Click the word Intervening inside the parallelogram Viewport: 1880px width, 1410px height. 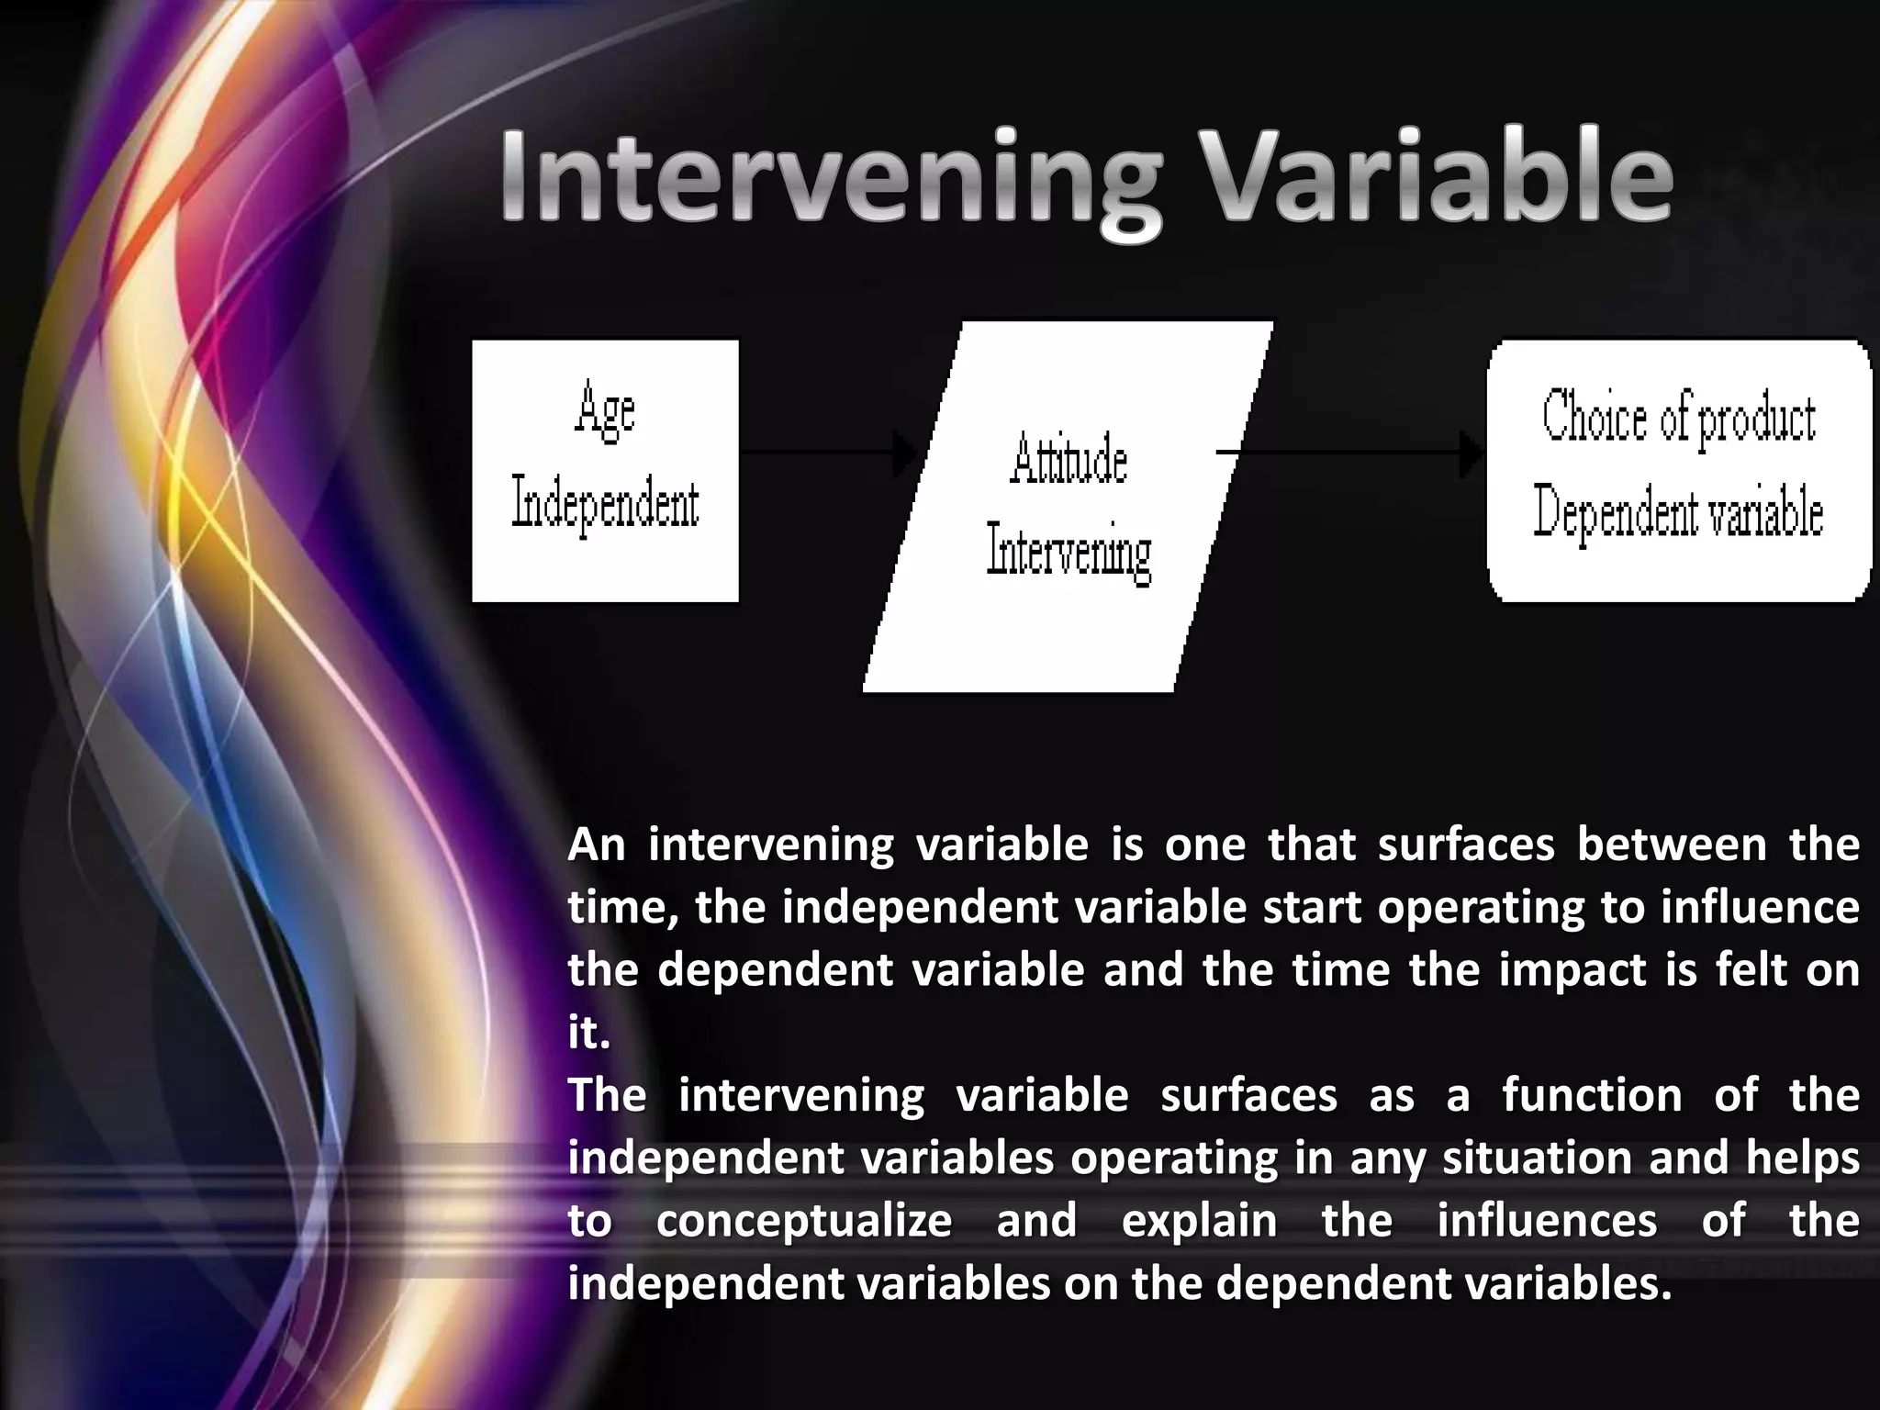(x=1069, y=552)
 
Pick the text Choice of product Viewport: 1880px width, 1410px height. (x=1678, y=418)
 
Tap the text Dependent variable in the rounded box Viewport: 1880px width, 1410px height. (x=1678, y=511)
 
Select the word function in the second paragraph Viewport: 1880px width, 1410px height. (x=1592, y=1095)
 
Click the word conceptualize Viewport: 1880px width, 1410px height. (x=804, y=1221)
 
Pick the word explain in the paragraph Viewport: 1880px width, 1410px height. (x=1199, y=1221)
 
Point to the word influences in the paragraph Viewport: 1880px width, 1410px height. (x=1547, y=1221)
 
